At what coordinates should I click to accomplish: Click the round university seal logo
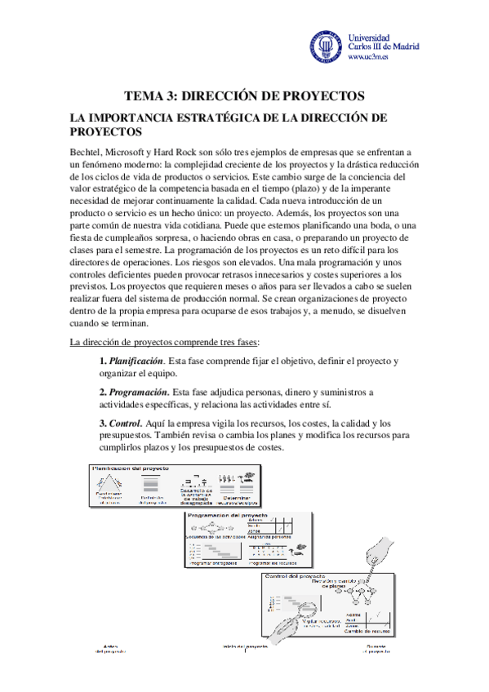tap(326, 47)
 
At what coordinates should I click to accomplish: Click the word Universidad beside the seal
tap(369, 37)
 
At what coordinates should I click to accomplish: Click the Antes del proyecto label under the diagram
tap(112, 649)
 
